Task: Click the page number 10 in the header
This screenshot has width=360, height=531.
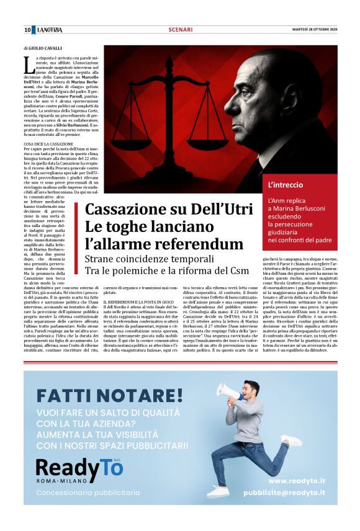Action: tap(27, 30)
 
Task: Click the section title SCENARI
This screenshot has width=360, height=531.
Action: tap(179, 30)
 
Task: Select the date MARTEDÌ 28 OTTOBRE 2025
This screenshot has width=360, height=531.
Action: tap(315, 30)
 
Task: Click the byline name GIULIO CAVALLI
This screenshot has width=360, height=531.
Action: tap(47, 47)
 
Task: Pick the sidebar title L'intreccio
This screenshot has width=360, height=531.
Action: tap(286, 185)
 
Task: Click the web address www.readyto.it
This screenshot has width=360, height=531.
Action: tap(297, 480)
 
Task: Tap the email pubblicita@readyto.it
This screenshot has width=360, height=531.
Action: tap(284, 493)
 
